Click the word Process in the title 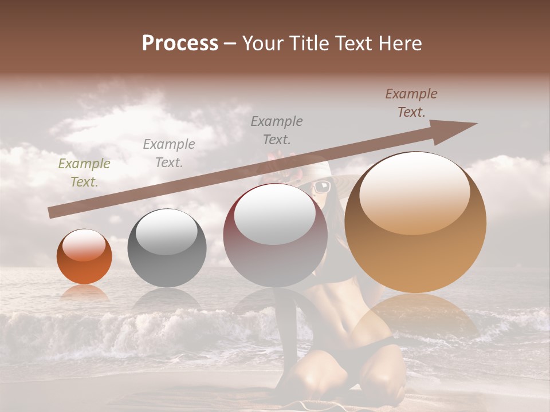point(180,43)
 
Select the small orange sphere point(84,257)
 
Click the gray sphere point(167,248)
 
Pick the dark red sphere point(275,235)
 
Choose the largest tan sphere point(415,222)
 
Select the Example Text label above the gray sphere point(169,153)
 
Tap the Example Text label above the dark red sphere point(277,130)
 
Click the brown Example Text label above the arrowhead point(411,103)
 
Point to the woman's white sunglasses point(322,187)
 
